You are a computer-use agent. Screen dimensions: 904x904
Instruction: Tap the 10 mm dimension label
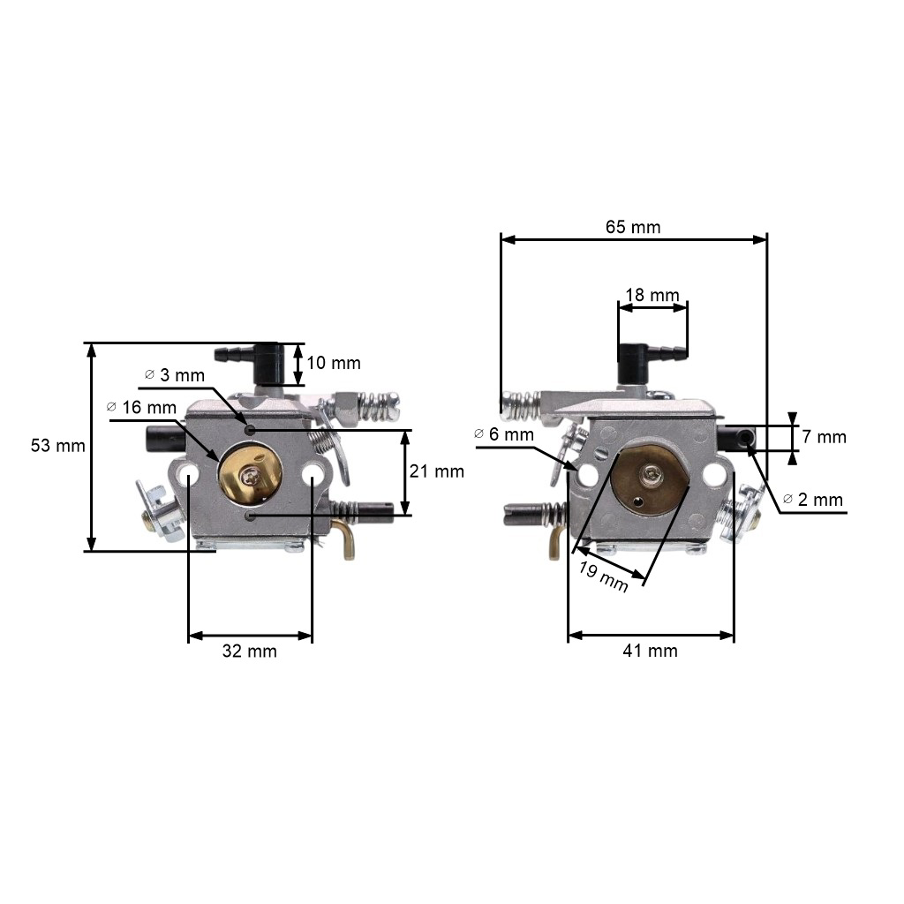click(x=333, y=363)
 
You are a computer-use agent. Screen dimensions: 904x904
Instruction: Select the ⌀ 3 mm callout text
click(x=175, y=375)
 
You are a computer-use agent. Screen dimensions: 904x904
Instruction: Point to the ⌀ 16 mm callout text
click(x=141, y=407)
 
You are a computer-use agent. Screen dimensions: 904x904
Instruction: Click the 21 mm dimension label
click(x=437, y=471)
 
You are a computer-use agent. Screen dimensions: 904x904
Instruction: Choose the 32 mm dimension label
click(x=250, y=651)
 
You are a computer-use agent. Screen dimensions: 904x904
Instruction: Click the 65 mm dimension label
click(x=633, y=228)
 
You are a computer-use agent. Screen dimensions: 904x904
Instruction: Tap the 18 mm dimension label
click(x=652, y=295)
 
